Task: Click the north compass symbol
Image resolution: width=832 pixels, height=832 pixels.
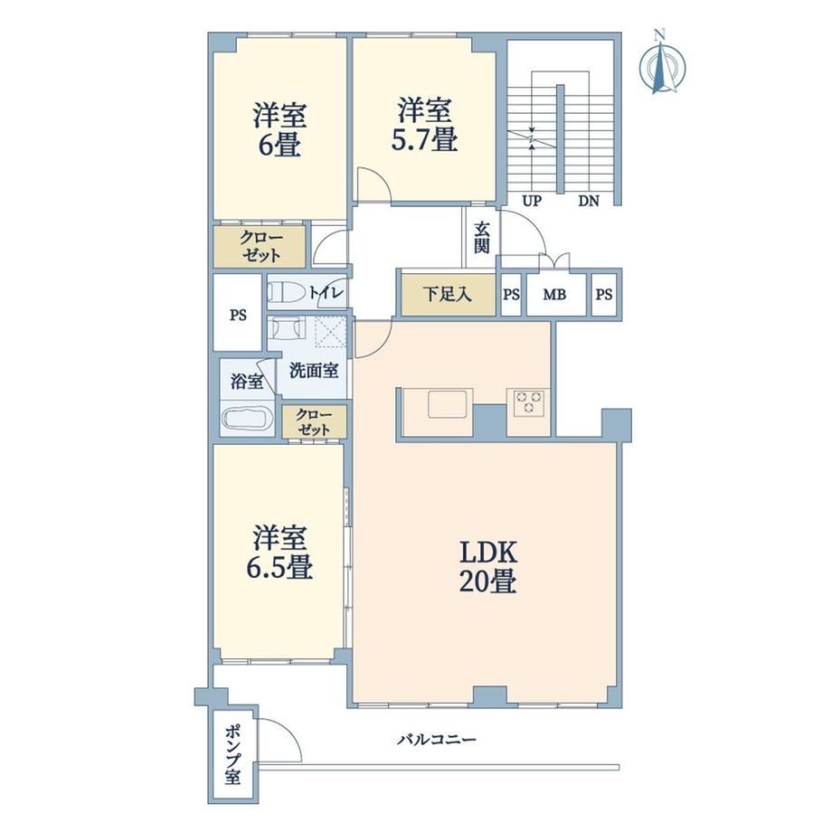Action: (663, 63)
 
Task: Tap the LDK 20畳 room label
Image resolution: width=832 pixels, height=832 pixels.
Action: (487, 567)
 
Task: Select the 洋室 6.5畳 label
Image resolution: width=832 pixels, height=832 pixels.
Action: (279, 553)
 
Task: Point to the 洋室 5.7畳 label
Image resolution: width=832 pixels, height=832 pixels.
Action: (424, 125)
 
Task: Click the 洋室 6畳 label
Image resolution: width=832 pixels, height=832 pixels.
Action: (279, 130)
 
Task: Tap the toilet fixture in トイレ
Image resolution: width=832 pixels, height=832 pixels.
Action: (286, 292)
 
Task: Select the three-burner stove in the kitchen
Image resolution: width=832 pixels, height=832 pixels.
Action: (528, 402)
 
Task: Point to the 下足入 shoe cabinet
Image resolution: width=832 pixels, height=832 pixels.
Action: (448, 295)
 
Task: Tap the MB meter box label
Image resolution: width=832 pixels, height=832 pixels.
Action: (554, 294)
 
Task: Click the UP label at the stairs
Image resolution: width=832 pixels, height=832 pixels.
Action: (532, 202)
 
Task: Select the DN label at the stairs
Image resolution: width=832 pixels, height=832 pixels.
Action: (589, 202)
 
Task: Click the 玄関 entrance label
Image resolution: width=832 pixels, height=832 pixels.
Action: (482, 238)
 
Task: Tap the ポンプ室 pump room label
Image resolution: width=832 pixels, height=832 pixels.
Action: (232, 756)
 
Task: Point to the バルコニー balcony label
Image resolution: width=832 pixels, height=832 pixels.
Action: (437, 739)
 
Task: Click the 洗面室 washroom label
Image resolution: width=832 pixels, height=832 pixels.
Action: (314, 371)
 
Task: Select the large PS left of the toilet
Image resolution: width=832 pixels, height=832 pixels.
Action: (238, 316)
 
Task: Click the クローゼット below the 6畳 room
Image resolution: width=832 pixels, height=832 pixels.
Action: (260, 247)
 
